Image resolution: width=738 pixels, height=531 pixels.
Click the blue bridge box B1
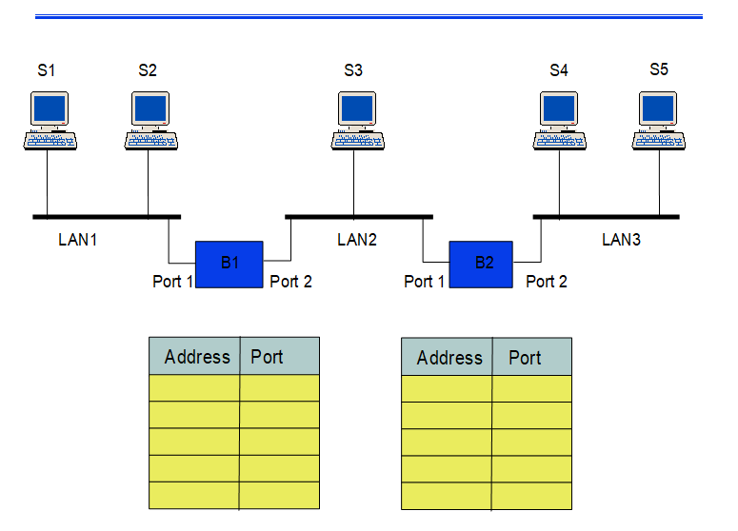(x=229, y=264)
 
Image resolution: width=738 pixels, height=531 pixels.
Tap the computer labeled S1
(x=50, y=120)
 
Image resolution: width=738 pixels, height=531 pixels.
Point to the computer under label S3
(x=357, y=120)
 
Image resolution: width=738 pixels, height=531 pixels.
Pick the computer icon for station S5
(x=660, y=120)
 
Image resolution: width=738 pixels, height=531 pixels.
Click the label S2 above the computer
(x=148, y=70)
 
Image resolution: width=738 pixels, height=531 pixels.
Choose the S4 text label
(x=559, y=70)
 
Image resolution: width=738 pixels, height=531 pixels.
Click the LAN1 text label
(x=78, y=240)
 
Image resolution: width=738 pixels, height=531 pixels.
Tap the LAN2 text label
(x=357, y=240)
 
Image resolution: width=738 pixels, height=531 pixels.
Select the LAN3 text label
(x=621, y=240)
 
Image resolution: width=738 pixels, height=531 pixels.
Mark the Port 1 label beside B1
(x=173, y=282)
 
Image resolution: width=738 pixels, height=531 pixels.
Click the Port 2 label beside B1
(x=290, y=282)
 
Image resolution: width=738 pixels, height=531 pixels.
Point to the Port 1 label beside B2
(x=425, y=282)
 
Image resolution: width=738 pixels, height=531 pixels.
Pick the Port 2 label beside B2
(x=547, y=282)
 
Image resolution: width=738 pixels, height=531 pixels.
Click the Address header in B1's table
(x=197, y=357)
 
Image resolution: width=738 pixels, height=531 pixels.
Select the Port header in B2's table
(x=525, y=358)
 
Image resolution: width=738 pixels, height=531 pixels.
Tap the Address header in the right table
(x=449, y=358)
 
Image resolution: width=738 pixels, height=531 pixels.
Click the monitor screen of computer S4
(x=558, y=108)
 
